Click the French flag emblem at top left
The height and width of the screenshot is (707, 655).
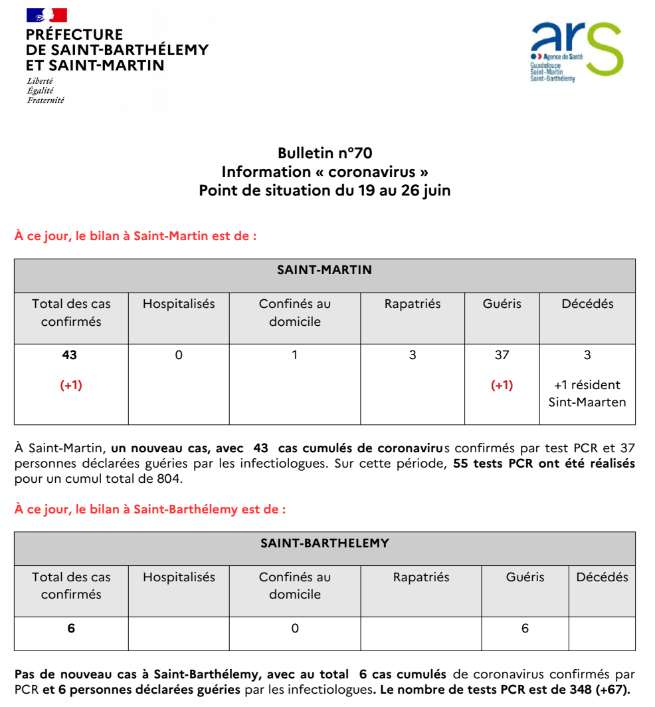point(47,15)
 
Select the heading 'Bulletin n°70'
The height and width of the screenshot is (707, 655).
point(325,154)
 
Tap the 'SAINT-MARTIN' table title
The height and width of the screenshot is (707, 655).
point(324,270)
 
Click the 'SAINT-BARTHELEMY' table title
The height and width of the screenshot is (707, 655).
point(324,543)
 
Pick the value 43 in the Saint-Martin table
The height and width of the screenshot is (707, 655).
point(70,355)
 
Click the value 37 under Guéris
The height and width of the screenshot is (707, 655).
point(502,355)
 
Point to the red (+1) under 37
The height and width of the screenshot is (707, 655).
point(502,385)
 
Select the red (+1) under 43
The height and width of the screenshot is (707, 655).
point(71,385)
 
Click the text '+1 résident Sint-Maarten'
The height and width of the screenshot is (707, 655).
point(587,393)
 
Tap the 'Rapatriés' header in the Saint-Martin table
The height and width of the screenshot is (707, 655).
point(413,304)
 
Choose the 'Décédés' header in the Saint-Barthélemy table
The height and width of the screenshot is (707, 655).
point(602,577)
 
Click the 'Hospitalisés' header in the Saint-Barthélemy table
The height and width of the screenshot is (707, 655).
point(179,577)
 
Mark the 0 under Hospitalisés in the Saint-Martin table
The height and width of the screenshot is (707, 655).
point(179,355)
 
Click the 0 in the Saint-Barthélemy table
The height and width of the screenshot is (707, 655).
point(295,629)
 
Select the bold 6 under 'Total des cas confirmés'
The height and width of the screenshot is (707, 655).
point(71,629)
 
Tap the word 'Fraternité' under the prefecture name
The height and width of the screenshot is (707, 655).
point(46,100)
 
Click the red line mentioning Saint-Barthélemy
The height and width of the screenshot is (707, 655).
point(150,509)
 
